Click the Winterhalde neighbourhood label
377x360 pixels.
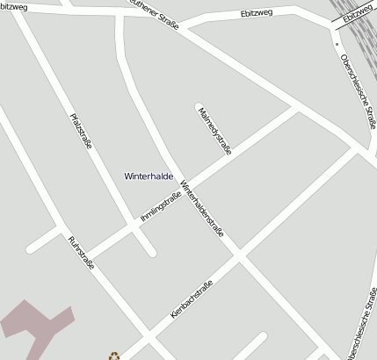[x=149, y=176]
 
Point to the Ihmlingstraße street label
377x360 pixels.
[x=160, y=207]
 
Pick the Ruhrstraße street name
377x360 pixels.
[x=80, y=255]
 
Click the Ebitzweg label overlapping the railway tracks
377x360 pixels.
[x=357, y=13]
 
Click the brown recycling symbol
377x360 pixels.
[x=113, y=356]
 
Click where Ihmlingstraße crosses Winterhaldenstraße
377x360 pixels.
[x=186, y=187]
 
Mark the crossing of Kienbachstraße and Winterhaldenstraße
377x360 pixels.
[x=238, y=256]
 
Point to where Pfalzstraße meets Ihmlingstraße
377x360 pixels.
[x=134, y=225]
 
